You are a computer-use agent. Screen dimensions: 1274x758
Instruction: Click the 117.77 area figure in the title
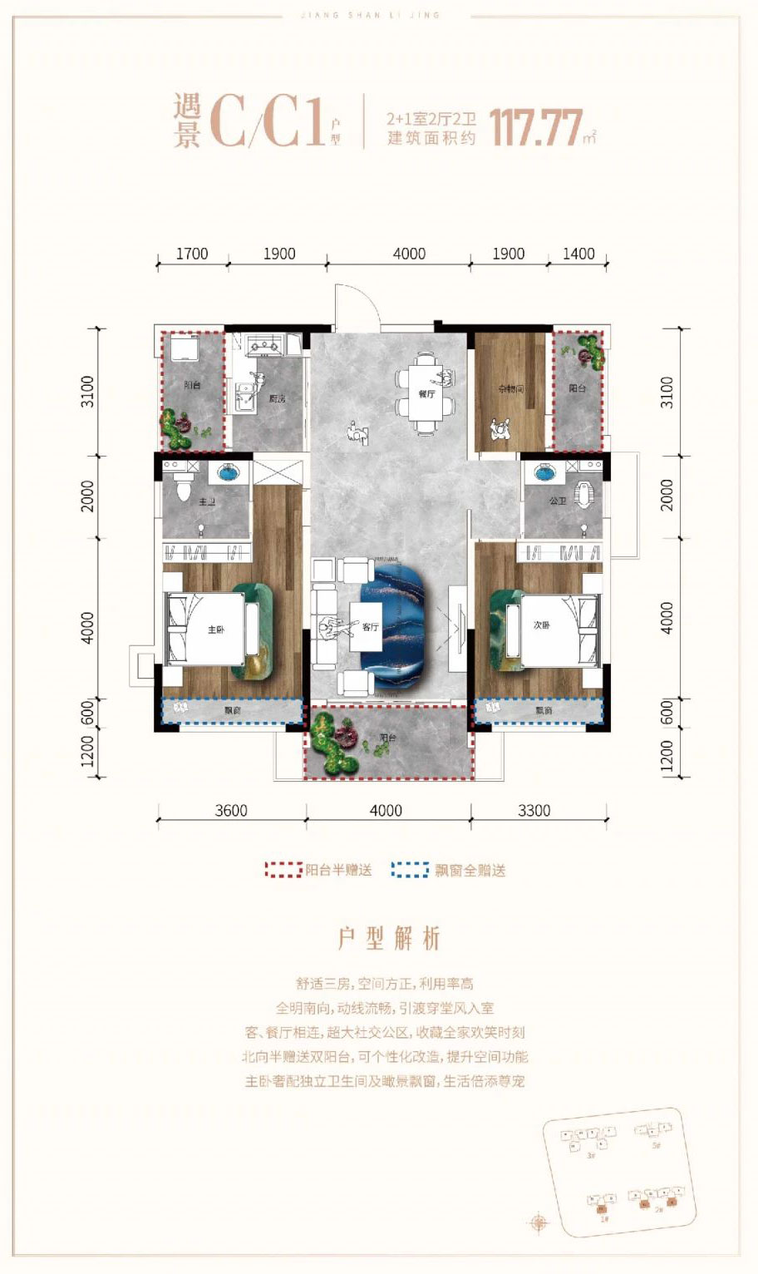pyautogui.click(x=535, y=129)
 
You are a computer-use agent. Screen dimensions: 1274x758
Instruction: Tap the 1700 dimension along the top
pyautogui.click(x=192, y=254)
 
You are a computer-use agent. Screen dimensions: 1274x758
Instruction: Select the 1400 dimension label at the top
pyautogui.click(x=578, y=254)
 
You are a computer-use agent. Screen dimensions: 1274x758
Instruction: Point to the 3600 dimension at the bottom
pyautogui.click(x=230, y=810)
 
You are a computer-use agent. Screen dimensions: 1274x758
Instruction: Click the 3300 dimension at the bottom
pyautogui.click(x=534, y=810)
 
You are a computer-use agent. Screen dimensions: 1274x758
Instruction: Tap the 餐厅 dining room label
pyautogui.click(x=426, y=394)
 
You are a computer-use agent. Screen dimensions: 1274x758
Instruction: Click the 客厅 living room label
pyautogui.click(x=370, y=627)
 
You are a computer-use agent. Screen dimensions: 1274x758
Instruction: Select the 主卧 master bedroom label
pyautogui.click(x=216, y=630)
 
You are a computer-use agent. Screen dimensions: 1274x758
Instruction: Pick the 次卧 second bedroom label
pyautogui.click(x=541, y=625)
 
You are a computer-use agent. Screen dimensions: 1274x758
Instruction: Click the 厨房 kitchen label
pyautogui.click(x=277, y=399)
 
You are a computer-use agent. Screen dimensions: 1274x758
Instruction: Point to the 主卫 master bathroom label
pyautogui.click(x=207, y=502)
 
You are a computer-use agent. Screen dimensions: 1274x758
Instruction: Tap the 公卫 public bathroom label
pyautogui.click(x=557, y=501)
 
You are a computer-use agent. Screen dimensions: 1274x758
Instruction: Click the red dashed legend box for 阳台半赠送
pyautogui.click(x=283, y=870)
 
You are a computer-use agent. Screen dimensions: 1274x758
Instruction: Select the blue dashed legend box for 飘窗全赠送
pyautogui.click(x=410, y=870)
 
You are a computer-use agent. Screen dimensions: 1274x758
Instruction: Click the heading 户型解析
pyautogui.click(x=389, y=939)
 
